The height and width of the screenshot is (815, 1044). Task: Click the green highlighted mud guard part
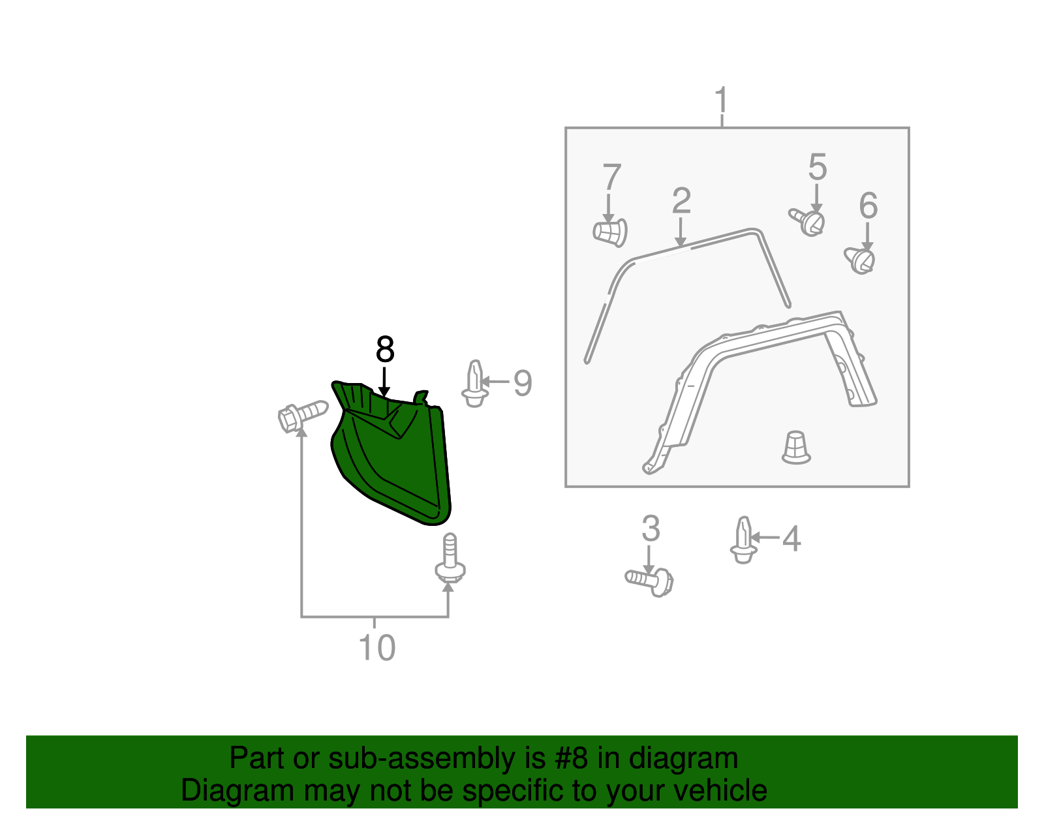coord(391,457)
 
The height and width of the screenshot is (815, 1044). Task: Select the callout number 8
coord(385,350)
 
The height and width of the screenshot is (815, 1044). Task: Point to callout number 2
coord(681,201)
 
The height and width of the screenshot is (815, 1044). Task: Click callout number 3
coord(651,529)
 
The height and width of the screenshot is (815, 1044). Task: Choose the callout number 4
coord(791,540)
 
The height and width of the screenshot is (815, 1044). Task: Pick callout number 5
coord(817,168)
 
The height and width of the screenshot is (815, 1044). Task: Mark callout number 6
coord(868,206)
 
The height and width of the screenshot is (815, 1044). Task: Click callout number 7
coord(611,177)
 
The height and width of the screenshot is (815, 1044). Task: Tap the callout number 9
coord(523,383)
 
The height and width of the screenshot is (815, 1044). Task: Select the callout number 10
coord(376,648)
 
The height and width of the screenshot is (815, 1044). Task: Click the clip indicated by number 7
coord(611,232)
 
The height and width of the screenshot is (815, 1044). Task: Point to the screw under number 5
coord(808,221)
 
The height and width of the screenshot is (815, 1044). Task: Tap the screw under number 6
coord(861,260)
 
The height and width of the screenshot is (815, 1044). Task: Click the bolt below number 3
coord(650,580)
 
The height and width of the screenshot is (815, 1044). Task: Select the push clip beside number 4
coord(743,540)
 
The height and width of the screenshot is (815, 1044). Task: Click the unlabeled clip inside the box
coord(795,448)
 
